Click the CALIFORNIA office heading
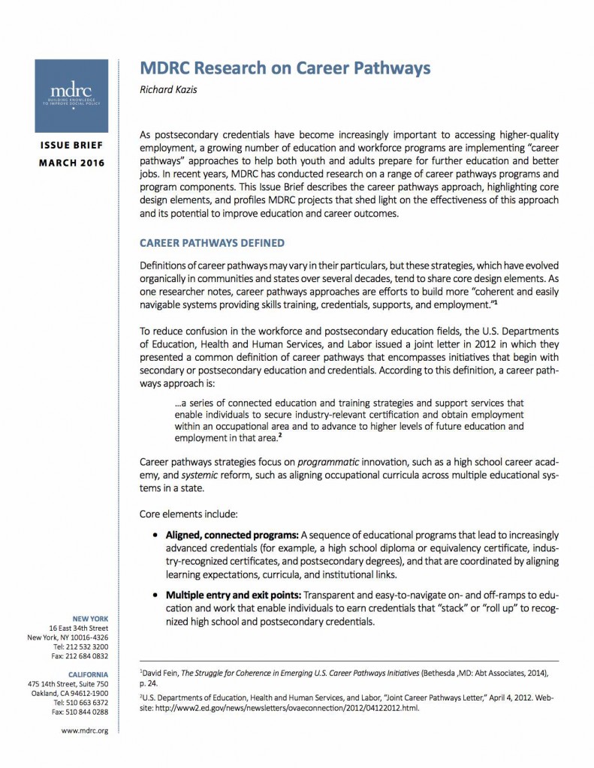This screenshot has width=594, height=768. (89, 674)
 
